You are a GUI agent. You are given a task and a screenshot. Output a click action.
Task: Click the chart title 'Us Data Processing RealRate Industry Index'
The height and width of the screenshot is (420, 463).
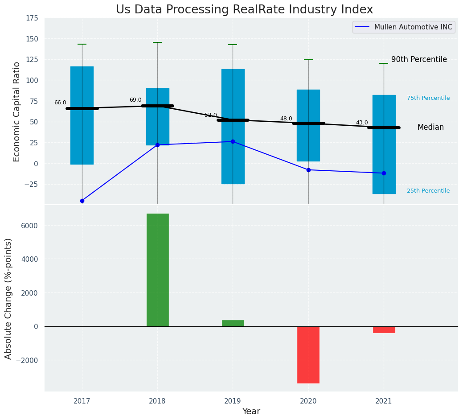[244, 10]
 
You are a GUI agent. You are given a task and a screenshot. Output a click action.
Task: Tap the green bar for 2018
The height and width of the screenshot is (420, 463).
[157, 270]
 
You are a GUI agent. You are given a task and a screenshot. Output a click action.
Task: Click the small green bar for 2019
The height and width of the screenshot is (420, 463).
[233, 323]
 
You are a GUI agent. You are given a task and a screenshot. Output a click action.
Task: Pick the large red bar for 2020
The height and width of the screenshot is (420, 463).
[308, 354]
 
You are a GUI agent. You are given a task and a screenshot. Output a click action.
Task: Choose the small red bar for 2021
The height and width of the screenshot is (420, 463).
[384, 329]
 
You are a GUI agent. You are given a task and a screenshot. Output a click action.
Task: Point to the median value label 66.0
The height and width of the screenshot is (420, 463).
[60, 103]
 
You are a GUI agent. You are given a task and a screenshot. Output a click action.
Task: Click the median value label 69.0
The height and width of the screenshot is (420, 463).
[135, 100]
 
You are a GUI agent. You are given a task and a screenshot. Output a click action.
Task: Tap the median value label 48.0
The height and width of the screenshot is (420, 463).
[286, 119]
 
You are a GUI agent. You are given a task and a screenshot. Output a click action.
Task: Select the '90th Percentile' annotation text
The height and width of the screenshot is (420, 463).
[419, 59]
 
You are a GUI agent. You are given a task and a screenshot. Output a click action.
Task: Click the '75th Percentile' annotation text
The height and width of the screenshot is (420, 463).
[428, 98]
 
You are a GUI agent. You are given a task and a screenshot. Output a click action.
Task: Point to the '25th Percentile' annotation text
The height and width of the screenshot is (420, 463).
[428, 191]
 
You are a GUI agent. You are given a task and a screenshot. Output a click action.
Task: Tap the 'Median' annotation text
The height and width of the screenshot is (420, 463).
[430, 127]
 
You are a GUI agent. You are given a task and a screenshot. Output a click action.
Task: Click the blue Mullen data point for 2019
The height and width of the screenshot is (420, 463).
[233, 141]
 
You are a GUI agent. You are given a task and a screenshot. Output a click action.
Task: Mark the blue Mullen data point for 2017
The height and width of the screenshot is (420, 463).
[82, 201]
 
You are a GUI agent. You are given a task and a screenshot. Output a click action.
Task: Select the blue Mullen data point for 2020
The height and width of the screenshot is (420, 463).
[308, 170]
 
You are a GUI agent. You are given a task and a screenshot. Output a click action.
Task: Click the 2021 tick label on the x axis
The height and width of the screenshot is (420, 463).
[384, 401]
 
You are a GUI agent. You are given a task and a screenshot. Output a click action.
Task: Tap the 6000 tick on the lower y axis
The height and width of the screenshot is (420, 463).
[29, 226]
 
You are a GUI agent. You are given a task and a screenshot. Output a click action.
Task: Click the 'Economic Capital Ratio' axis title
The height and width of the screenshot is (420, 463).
[17, 111]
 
